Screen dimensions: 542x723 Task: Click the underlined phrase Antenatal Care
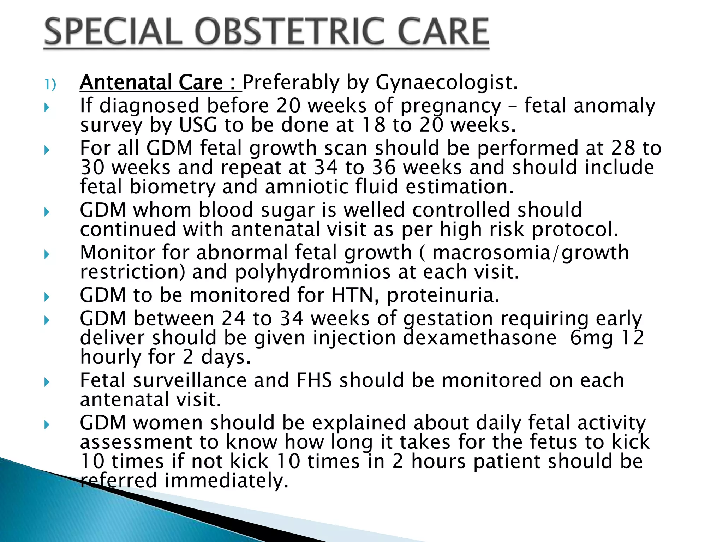pyautogui.click(x=151, y=83)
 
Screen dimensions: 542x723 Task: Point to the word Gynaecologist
pyautogui.click(x=446, y=83)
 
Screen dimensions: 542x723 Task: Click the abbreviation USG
pyautogui.click(x=198, y=125)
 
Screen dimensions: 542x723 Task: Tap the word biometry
pyautogui.click(x=172, y=187)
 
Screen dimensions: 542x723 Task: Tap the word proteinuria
pyautogui.click(x=443, y=296)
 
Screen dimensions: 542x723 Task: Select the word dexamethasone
pyautogui.click(x=480, y=338)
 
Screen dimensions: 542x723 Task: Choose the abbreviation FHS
pyautogui.click(x=314, y=380)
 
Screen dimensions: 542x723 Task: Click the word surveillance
pyautogui.click(x=190, y=380)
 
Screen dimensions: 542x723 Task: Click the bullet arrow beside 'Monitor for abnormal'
pyautogui.click(x=47, y=254)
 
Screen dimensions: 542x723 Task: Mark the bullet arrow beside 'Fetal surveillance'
pyautogui.click(x=47, y=382)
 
